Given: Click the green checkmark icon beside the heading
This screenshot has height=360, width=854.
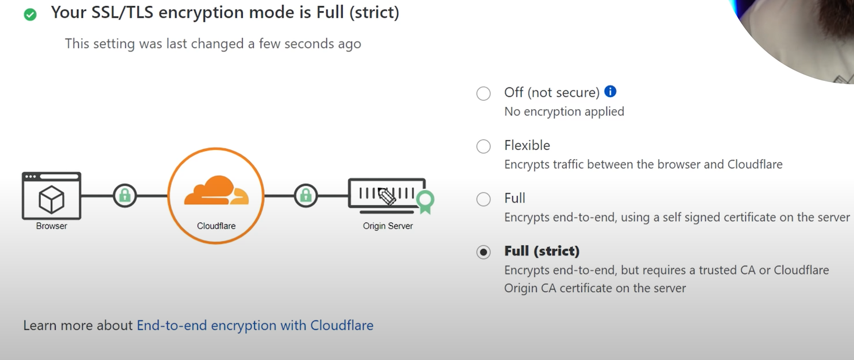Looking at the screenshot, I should click(30, 14).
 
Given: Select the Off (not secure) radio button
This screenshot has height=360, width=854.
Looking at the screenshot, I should click(484, 94).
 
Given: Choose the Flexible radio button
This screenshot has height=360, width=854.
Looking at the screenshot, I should click(484, 146).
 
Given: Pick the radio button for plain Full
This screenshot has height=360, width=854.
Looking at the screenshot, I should click(484, 199).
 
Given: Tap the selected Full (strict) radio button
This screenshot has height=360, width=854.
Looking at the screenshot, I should click(484, 252).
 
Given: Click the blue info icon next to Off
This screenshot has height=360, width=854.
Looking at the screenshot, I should click(610, 91).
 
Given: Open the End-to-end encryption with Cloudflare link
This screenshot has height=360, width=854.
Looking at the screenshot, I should click(255, 326).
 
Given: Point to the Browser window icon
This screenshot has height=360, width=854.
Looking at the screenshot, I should click(52, 196).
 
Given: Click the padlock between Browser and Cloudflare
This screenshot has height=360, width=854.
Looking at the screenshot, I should click(125, 196).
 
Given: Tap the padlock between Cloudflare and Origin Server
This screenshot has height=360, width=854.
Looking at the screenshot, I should click(306, 196).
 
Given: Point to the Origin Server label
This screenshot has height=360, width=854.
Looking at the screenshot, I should click(388, 226).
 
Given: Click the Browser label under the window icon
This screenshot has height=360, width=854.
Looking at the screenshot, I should click(52, 226).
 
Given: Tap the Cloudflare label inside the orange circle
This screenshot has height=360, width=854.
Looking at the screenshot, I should click(216, 226).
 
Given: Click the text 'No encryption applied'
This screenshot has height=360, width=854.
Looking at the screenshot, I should click(564, 111).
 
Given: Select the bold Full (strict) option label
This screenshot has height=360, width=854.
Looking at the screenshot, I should click(542, 251).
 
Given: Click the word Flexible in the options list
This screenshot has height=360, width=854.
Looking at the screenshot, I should click(527, 145).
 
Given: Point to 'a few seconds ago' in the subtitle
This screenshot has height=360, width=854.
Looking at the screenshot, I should click(310, 44).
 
